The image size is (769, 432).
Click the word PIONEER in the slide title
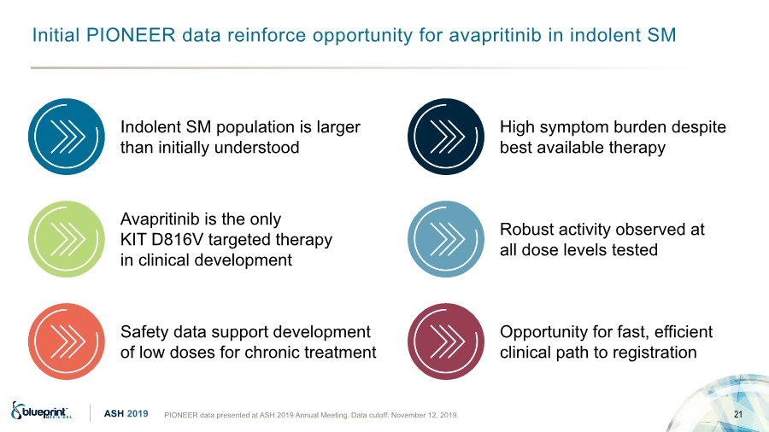[131, 35]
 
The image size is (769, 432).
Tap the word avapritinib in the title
[495, 36]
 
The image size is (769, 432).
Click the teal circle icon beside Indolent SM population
[66, 137]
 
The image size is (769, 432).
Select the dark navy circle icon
[446, 137]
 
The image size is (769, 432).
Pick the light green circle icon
[66, 239]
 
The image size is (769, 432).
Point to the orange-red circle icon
[66, 342]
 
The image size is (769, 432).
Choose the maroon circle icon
[446, 342]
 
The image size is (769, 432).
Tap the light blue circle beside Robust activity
[446, 239]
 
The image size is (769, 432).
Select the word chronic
[275, 353]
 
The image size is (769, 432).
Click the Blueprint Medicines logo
[41, 411]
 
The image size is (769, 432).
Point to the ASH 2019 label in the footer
[126, 414]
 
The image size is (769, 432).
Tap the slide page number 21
[738, 414]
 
